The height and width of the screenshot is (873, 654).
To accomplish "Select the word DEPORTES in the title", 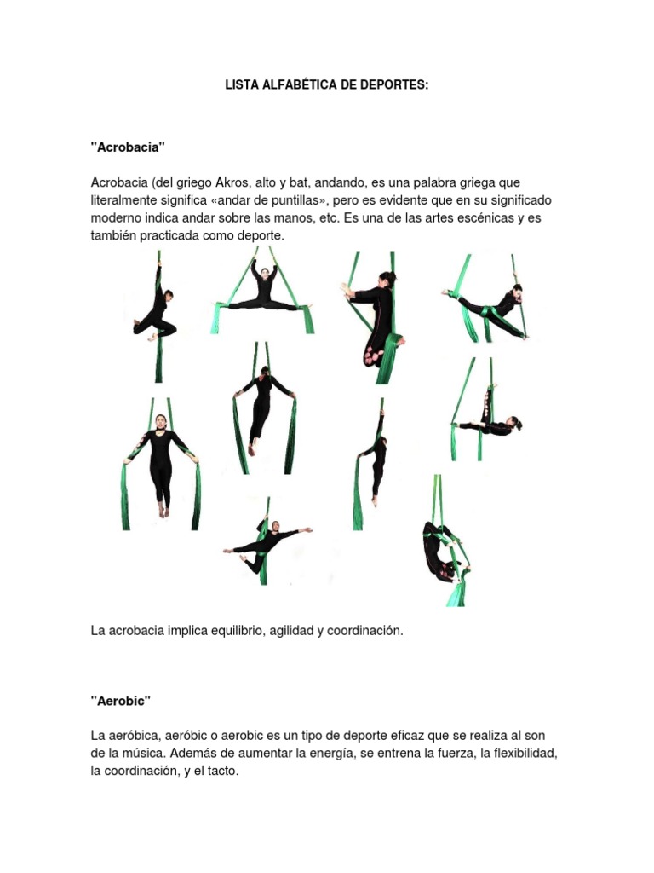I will [x=391, y=86].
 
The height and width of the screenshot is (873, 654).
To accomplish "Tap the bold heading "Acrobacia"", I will [x=128, y=147].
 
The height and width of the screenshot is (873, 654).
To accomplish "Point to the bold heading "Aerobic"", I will [x=121, y=700].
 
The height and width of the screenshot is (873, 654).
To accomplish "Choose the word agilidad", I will [x=293, y=631].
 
